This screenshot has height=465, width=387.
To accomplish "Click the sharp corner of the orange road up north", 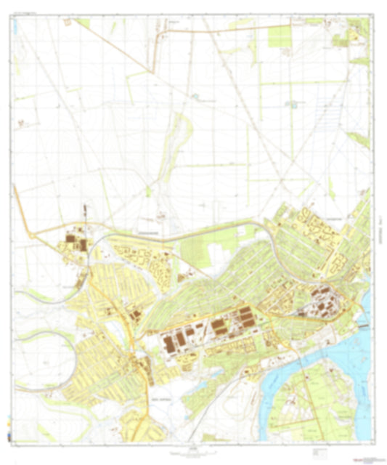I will click(152, 70).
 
